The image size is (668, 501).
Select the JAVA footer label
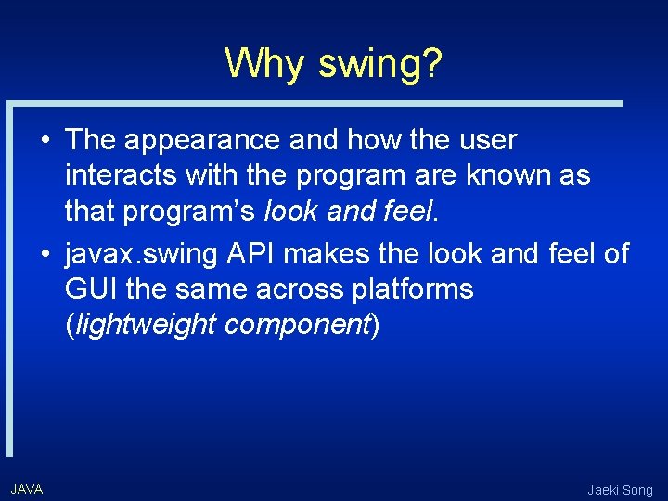coord(27,488)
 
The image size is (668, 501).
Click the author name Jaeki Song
coord(620,489)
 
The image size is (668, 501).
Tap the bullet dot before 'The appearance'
coord(45,141)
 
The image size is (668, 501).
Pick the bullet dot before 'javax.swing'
coord(45,252)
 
